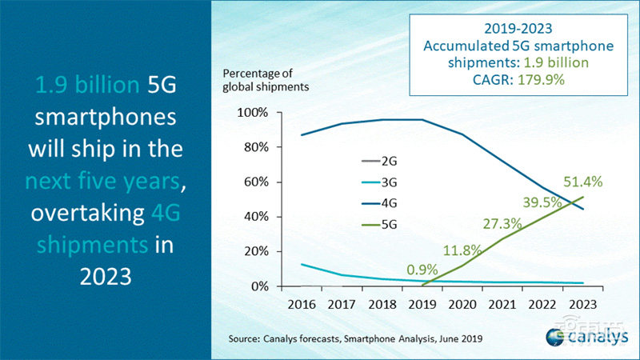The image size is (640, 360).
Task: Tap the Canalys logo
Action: pyautogui.click(x=583, y=337)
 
